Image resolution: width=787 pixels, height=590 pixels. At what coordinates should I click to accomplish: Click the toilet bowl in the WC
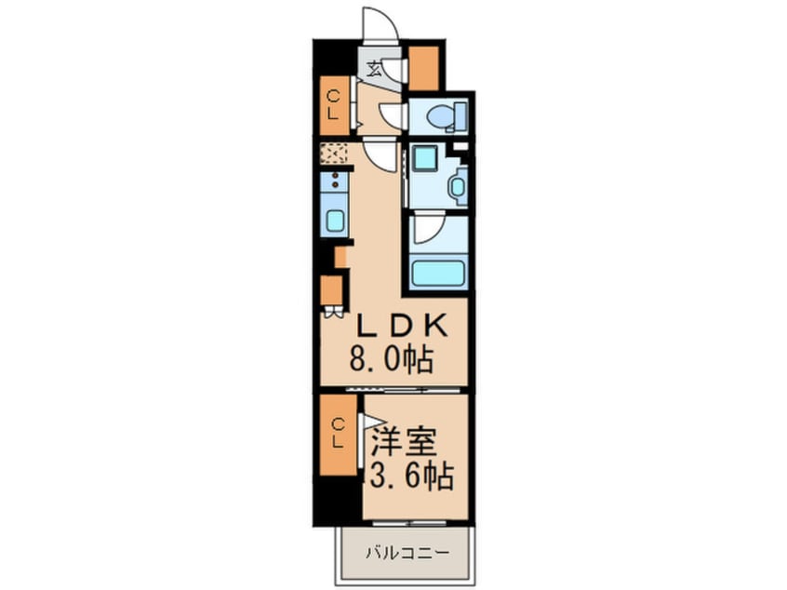(x=442, y=116)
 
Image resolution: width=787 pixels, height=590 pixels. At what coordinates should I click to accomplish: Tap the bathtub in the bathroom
(x=438, y=274)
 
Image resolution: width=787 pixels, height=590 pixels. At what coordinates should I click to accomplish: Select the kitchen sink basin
(x=333, y=221)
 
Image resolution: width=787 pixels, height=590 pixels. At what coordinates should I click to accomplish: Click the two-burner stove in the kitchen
(x=334, y=181)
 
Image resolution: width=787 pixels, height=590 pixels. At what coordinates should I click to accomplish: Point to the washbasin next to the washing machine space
(x=458, y=186)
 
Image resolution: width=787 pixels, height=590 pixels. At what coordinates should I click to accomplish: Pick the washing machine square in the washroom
(x=424, y=158)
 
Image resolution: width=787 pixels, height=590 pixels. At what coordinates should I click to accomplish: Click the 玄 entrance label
(x=373, y=68)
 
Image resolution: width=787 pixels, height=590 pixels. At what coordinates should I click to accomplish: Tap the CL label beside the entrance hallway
(x=333, y=104)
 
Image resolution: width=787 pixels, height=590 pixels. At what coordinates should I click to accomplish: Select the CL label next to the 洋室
(x=338, y=435)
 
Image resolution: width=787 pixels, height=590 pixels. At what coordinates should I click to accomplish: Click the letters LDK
(x=400, y=327)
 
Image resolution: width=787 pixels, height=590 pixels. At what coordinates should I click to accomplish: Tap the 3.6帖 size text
(x=411, y=476)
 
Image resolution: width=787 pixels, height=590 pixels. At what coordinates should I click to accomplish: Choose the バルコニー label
(x=407, y=554)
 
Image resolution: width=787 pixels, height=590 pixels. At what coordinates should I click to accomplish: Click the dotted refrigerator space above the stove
(x=334, y=154)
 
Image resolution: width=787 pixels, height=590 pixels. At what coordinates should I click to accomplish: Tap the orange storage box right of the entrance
(x=424, y=68)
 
